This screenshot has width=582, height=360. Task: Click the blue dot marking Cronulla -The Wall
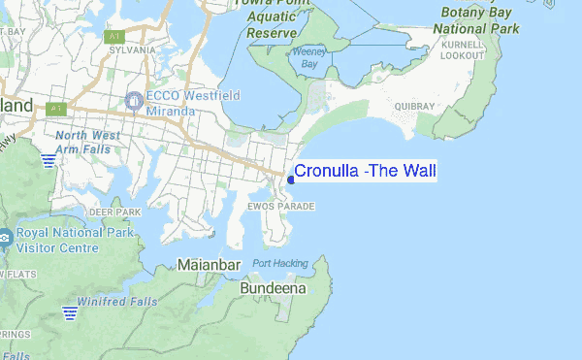click(291, 180)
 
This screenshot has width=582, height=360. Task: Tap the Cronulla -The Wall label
click(366, 172)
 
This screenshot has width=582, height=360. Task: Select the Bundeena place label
click(274, 288)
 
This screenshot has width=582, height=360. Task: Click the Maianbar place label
click(210, 264)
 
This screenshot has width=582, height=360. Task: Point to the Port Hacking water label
click(280, 263)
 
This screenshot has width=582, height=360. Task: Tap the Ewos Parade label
click(281, 207)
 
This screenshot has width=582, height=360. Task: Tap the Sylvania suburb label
click(133, 49)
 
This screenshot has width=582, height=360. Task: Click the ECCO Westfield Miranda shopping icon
click(134, 99)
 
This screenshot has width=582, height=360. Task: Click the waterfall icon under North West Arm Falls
click(48, 159)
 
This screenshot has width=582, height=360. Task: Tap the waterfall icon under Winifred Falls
click(70, 312)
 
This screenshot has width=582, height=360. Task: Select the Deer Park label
click(114, 211)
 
